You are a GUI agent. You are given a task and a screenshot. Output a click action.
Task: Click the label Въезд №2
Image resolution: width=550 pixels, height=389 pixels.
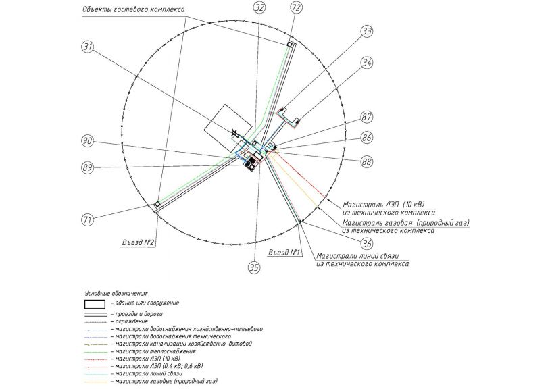[x=139, y=242]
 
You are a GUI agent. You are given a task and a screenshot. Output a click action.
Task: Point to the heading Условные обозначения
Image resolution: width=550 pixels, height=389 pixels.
[x=116, y=293]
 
